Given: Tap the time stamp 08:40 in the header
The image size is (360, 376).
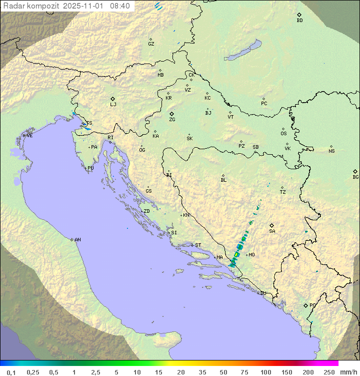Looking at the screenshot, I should pyautogui.click(x=120, y=6).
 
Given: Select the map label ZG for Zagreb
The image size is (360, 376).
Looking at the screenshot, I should pyautogui.click(x=172, y=120).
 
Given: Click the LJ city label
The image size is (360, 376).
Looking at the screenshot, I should pyautogui.click(x=113, y=104).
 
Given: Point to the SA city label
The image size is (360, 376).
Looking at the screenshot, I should pyautogui.click(x=272, y=231).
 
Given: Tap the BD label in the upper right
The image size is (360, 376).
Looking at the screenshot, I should pyautogui.click(x=299, y=20).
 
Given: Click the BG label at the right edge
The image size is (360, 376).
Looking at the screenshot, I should pyautogui.click(x=355, y=177).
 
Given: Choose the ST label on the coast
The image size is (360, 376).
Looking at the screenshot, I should pyautogui.click(x=198, y=245).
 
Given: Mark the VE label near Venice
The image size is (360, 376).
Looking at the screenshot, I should pyautogui.click(x=29, y=135).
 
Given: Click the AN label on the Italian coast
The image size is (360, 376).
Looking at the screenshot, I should pyautogui.click(x=77, y=240).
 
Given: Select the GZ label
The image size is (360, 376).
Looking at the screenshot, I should pyautogui.click(x=151, y=44).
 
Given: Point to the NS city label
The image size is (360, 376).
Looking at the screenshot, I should pyautogui.click(x=331, y=151).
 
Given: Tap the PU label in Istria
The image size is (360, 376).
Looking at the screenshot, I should pyautogui.click(x=90, y=168).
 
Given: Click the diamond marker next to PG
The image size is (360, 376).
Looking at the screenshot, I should pyautogui.click(x=305, y=305).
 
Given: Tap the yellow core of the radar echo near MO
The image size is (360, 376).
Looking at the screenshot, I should pyautogui.click(x=236, y=255).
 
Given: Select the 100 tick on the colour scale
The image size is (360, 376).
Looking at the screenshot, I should pyautogui.click(x=265, y=372).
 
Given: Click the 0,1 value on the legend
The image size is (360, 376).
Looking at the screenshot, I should pyautogui.click(x=11, y=372).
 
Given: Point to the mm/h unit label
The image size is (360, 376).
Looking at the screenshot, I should pyautogui.click(x=347, y=372).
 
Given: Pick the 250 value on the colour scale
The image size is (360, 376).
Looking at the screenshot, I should pyautogui.click(x=329, y=372).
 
